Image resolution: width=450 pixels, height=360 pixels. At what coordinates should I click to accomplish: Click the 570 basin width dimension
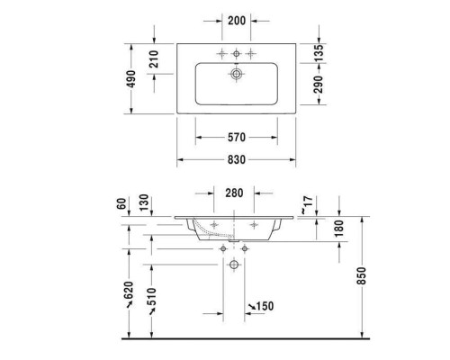[x=237, y=138]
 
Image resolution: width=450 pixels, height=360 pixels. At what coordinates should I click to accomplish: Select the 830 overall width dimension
[x=237, y=159]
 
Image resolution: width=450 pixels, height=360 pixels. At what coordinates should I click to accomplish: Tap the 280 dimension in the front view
[x=235, y=193]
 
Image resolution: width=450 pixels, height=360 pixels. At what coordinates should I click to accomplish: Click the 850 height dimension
[x=363, y=276]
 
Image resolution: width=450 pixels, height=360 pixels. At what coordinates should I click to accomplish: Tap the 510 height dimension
[x=149, y=296]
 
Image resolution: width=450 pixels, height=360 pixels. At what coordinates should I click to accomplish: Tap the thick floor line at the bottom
[x=243, y=340]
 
